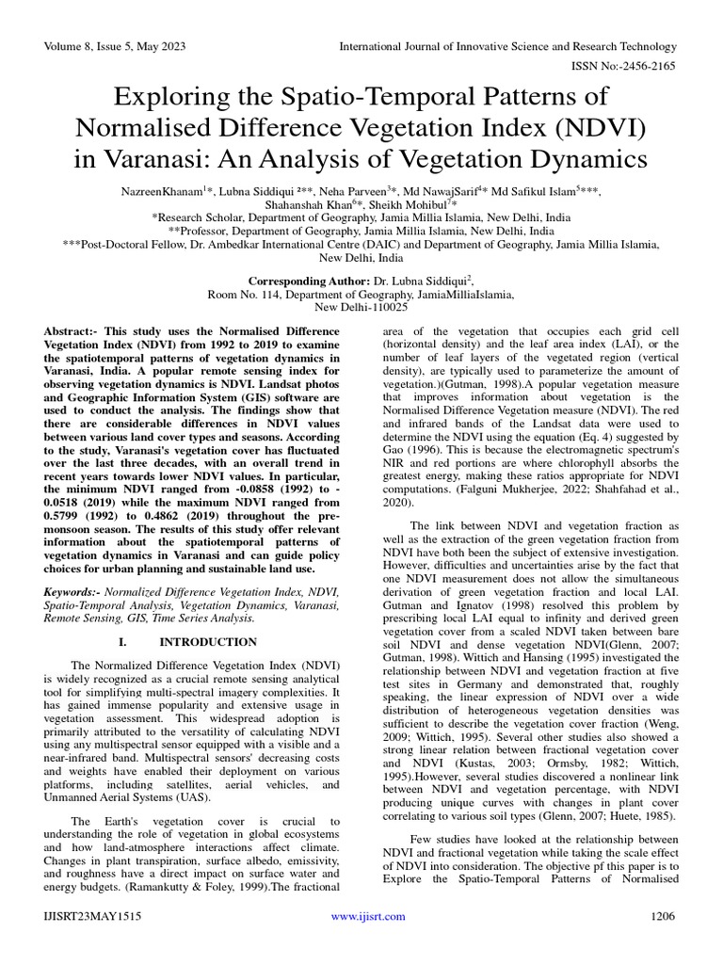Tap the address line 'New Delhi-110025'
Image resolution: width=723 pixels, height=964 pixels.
361,307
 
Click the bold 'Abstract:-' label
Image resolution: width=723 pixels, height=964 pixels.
75,333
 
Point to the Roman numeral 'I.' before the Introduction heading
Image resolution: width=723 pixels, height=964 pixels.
123,641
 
